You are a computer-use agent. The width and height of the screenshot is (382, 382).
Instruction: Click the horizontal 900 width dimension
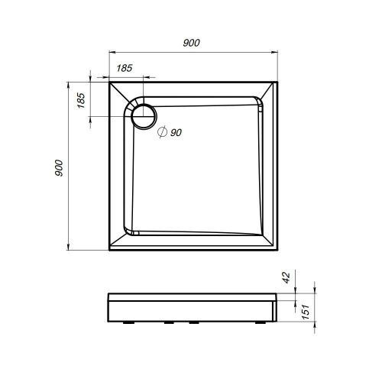click(192, 44)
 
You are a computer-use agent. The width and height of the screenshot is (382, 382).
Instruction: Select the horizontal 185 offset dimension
click(125, 69)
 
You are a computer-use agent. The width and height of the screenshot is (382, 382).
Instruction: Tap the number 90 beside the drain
click(176, 133)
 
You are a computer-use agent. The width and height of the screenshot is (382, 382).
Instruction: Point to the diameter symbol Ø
click(162, 133)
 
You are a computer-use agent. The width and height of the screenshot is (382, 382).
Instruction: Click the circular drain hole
click(142, 116)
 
